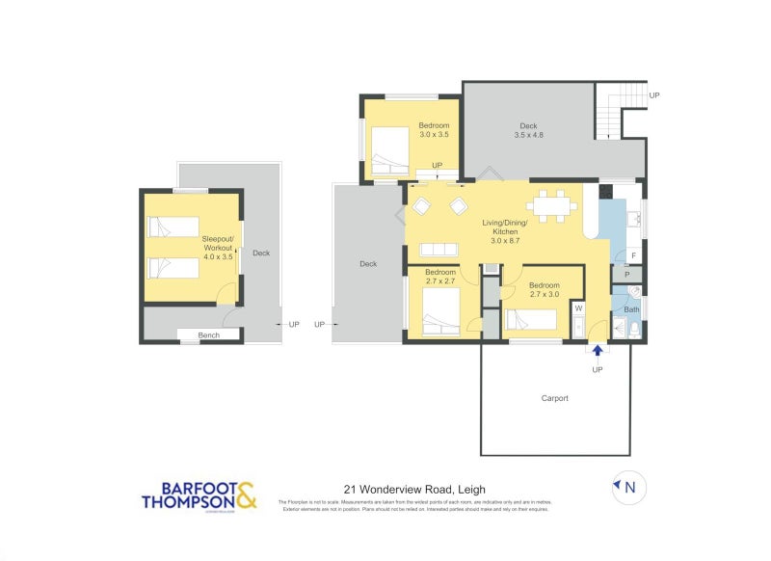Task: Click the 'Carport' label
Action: [x=554, y=398]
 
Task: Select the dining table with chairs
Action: [x=551, y=204]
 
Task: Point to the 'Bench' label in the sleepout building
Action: [x=208, y=335]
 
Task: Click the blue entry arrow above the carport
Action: [x=598, y=353]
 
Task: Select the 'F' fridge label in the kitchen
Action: [x=632, y=255]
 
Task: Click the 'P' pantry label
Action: [x=626, y=276]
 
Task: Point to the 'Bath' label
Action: [x=631, y=309]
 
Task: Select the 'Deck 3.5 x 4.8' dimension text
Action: [x=528, y=130]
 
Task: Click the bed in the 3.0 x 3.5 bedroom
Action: [x=391, y=150]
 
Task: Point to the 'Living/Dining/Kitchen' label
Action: [x=506, y=227]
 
